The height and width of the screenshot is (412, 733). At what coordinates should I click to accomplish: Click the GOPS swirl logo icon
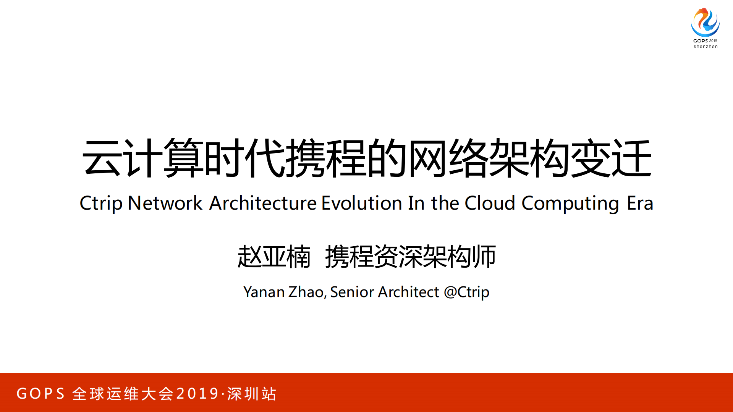(705, 22)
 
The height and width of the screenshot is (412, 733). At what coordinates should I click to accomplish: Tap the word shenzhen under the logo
(705, 47)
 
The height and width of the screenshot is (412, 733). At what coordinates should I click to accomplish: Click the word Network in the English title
(165, 203)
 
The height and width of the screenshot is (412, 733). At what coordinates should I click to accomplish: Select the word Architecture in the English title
(263, 203)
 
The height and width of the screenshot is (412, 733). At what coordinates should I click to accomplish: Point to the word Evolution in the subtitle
(362, 203)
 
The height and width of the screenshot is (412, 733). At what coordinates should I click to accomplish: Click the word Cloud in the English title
(490, 203)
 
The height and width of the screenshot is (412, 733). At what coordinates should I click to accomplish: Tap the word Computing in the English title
(570, 204)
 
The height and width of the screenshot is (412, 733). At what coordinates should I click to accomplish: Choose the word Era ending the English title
(640, 203)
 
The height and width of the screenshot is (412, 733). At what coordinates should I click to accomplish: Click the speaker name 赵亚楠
(274, 257)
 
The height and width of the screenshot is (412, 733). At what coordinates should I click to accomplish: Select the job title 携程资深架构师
(410, 257)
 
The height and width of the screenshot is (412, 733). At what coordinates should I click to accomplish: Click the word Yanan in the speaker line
(264, 292)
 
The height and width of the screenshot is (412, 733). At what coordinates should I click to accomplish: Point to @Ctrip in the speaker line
(466, 292)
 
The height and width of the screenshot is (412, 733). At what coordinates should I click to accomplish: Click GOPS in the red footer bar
(41, 394)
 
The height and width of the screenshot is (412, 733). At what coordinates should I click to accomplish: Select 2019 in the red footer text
(197, 394)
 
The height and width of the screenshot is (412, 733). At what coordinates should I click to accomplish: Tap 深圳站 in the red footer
(252, 394)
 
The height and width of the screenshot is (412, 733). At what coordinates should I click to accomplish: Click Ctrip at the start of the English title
(101, 203)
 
